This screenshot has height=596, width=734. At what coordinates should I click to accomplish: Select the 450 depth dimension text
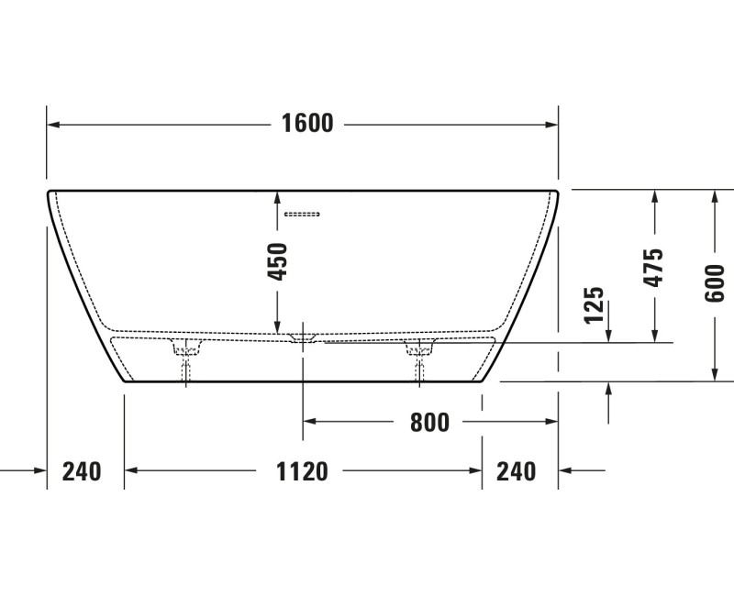[277, 261]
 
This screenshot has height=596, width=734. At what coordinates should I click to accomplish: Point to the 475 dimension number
[653, 267]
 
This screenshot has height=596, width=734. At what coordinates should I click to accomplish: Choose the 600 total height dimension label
[715, 282]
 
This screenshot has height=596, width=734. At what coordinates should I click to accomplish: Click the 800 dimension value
[429, 422]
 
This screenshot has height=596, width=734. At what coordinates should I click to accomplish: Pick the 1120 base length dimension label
[303, 471]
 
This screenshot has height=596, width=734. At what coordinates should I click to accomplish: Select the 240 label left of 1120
[82, 471]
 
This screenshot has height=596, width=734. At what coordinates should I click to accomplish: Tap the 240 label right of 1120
[516, 471]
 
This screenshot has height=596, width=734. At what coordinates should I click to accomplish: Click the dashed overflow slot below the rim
[302, 215]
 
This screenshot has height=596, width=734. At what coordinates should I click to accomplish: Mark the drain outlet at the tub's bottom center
[303, 338]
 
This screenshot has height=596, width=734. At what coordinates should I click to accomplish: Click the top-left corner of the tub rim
[49, 192]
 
